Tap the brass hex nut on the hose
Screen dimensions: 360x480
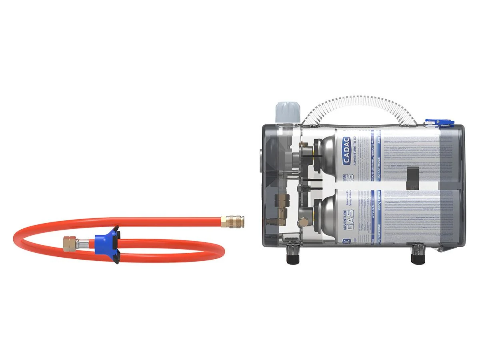70,243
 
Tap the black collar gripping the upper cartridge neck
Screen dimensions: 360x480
316,154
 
